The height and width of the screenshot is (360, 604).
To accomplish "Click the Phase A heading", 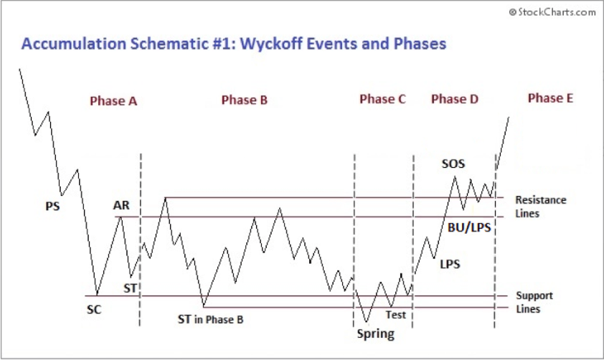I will pos(113,101).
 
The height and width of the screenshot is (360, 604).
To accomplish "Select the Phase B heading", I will pos(244,100).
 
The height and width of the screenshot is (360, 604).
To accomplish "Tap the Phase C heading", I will pos(382,100).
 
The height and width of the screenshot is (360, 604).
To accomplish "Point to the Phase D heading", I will pos(454,100).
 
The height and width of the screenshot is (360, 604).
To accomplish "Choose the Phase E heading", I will pos(550,98).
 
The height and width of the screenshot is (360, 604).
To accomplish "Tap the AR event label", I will pos(121,205).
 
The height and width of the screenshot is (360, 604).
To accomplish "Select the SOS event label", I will pos(453,164).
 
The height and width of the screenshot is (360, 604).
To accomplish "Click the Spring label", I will pos(375,333).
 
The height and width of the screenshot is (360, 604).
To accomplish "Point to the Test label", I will pos(396,314).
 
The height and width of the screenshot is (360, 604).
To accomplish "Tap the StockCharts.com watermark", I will pos(552,11).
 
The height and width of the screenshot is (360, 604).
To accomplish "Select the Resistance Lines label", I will pos(540,207).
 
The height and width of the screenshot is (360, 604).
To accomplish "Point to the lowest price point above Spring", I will pos(366,322).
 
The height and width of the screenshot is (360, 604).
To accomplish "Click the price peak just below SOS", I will pos(454,177).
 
